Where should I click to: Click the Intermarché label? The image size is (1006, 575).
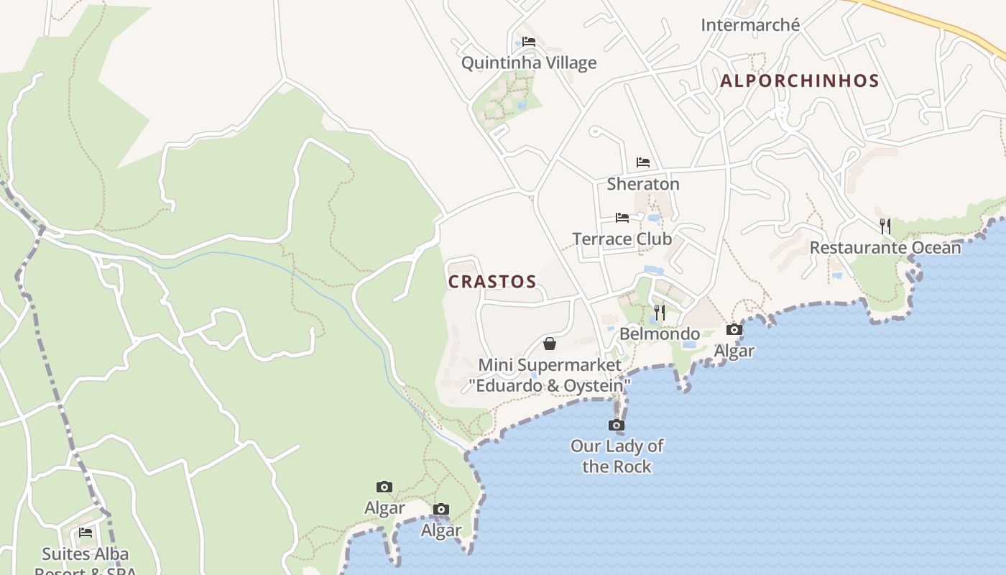tap(750, 25)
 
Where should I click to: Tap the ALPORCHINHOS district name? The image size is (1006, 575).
tap(800, 80)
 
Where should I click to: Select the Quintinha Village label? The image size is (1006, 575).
tap(529, 63)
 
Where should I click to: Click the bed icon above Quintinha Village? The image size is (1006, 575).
tap(529, 41)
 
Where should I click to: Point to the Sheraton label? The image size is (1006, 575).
tap(643, 184)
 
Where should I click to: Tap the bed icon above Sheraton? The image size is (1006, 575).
tap(643, 162)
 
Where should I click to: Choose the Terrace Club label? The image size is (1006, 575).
tap(622, 239)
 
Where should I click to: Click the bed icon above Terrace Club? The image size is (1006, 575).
tap(622, 217)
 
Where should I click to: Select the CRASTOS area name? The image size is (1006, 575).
tap(492, 282)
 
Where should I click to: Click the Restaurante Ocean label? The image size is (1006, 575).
tap(885, 248)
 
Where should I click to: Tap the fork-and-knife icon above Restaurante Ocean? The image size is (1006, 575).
tap(885, 226)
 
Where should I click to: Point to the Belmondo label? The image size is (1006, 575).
tap(660, 333)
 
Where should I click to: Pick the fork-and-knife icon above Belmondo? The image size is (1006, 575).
tap(660, 312)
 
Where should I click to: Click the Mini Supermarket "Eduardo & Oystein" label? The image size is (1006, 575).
tap(550, 375)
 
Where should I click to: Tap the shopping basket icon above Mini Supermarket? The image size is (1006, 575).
tap(550, 344)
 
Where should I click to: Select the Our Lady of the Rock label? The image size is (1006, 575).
tap(617, 456)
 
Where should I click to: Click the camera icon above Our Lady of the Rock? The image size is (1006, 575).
tap(617, 425)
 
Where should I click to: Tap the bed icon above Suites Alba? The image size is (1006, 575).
tap(86, 533)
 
